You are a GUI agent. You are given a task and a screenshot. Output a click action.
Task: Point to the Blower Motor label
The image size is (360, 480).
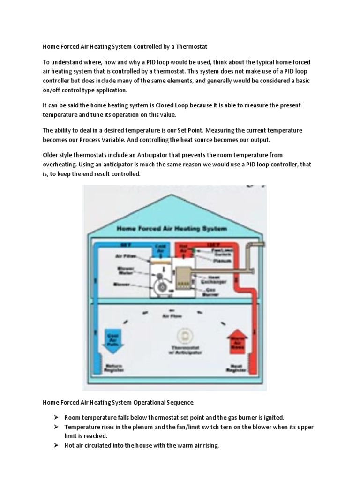[x=126, y=271]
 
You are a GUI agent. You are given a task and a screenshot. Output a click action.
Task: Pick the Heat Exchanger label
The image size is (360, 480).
[x=216, y=280]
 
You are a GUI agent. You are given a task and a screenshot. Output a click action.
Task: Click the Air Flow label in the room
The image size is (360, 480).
[x=170, y=316]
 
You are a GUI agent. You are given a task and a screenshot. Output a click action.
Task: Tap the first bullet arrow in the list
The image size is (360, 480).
[x=55, y=417]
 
